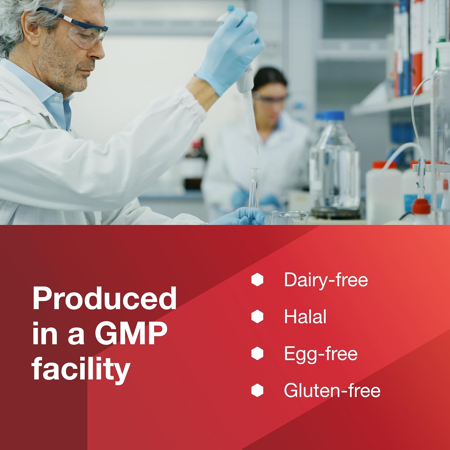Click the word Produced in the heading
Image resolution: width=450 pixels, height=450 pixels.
[x=104, y=298]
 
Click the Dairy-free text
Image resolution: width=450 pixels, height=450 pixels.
[x=326, y=280]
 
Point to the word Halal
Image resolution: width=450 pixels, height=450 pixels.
[x=305, y=316]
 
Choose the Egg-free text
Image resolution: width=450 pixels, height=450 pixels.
[x=321, y=354]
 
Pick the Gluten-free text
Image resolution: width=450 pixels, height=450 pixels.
[x=332, y=390]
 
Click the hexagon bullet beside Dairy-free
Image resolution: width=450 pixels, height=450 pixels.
[x=257, y=280]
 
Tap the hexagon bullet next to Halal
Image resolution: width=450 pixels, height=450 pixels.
[x=257, y=316]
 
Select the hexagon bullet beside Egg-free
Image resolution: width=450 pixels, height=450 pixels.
[x=257, y=353]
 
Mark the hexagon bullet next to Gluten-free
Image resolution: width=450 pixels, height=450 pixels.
[x=257, y=390]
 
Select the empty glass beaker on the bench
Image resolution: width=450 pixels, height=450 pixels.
[x=289, y=217]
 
